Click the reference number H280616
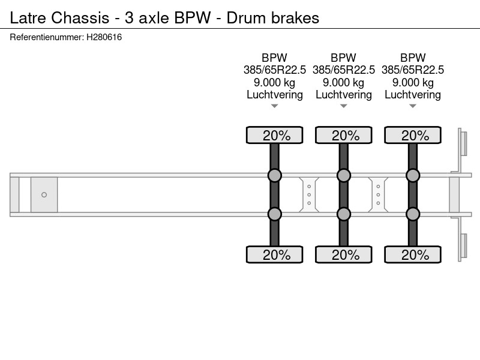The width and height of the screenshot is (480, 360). click(104, 37)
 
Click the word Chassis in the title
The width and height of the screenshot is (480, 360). click(80, 18)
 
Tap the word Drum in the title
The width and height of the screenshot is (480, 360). click(245, 18)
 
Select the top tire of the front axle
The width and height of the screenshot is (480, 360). click(275, 135)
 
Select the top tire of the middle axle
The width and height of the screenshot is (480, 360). click(344, 135)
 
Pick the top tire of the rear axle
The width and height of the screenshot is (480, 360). click(413, 135)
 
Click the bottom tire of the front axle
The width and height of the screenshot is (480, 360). click(275, 254)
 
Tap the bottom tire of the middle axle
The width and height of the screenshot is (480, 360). click(344, 254)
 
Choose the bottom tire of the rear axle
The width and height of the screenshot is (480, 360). click(413, 254)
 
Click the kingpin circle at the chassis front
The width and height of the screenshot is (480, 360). click(44, 194)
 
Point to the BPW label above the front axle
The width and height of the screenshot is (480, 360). click(275, 58)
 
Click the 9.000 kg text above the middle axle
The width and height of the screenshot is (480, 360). click(344, 82)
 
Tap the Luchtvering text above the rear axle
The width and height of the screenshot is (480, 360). click(413, 95)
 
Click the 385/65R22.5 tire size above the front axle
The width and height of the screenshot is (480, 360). click(275, 70)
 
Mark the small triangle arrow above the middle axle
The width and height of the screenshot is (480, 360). click(344, 106)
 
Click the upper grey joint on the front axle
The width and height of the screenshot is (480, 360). click(275, 175)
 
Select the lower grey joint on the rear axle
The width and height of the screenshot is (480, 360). click(413, 214)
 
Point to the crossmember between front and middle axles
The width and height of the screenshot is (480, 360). click(309, 194)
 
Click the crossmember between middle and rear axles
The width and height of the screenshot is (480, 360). click(378, 194)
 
